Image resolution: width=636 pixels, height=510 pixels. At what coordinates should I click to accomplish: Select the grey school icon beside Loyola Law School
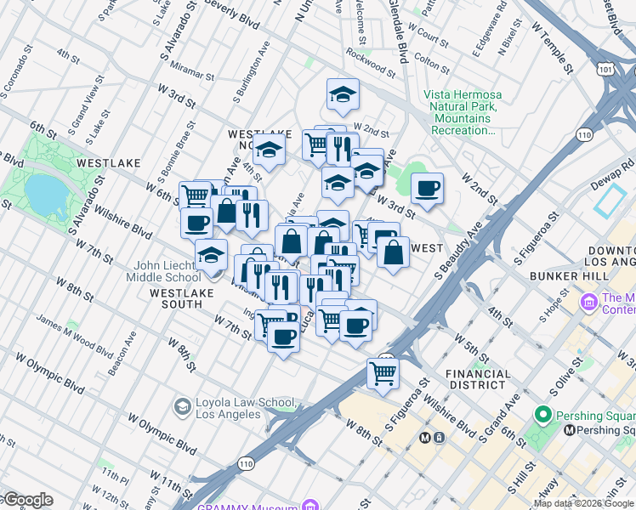(x=182, y=407)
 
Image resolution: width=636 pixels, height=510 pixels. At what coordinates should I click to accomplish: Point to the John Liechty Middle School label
(x=164, y=271)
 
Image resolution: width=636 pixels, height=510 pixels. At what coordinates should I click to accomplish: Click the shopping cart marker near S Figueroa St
(x=383, y=372)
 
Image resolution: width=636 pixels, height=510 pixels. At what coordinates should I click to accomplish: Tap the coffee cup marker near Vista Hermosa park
(x=427, y=188)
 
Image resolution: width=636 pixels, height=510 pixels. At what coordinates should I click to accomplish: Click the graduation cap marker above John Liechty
(x=211, y=254)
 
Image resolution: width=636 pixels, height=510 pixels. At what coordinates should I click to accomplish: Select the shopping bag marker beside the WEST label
(x=393, y=252)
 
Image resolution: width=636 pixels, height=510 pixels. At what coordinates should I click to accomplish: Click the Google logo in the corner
(x=27, y=500)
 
